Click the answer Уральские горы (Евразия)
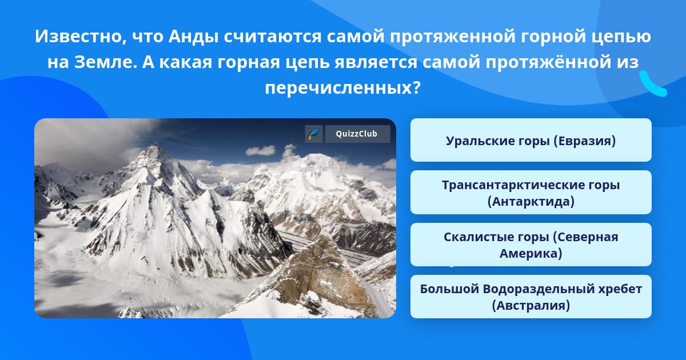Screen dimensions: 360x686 (x=531, y=141)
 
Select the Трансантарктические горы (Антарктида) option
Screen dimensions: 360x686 (x=531, y=193)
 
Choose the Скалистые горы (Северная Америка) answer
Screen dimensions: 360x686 (x=531, y=245)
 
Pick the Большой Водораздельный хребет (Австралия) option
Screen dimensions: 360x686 (x=531, y=297)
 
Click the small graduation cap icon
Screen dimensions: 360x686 (x=313, y=134)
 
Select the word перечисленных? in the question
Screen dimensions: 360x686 (x=343, y=87)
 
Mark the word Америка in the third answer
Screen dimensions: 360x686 (x=531, y=253)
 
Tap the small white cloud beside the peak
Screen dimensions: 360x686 (x=260, y=150)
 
